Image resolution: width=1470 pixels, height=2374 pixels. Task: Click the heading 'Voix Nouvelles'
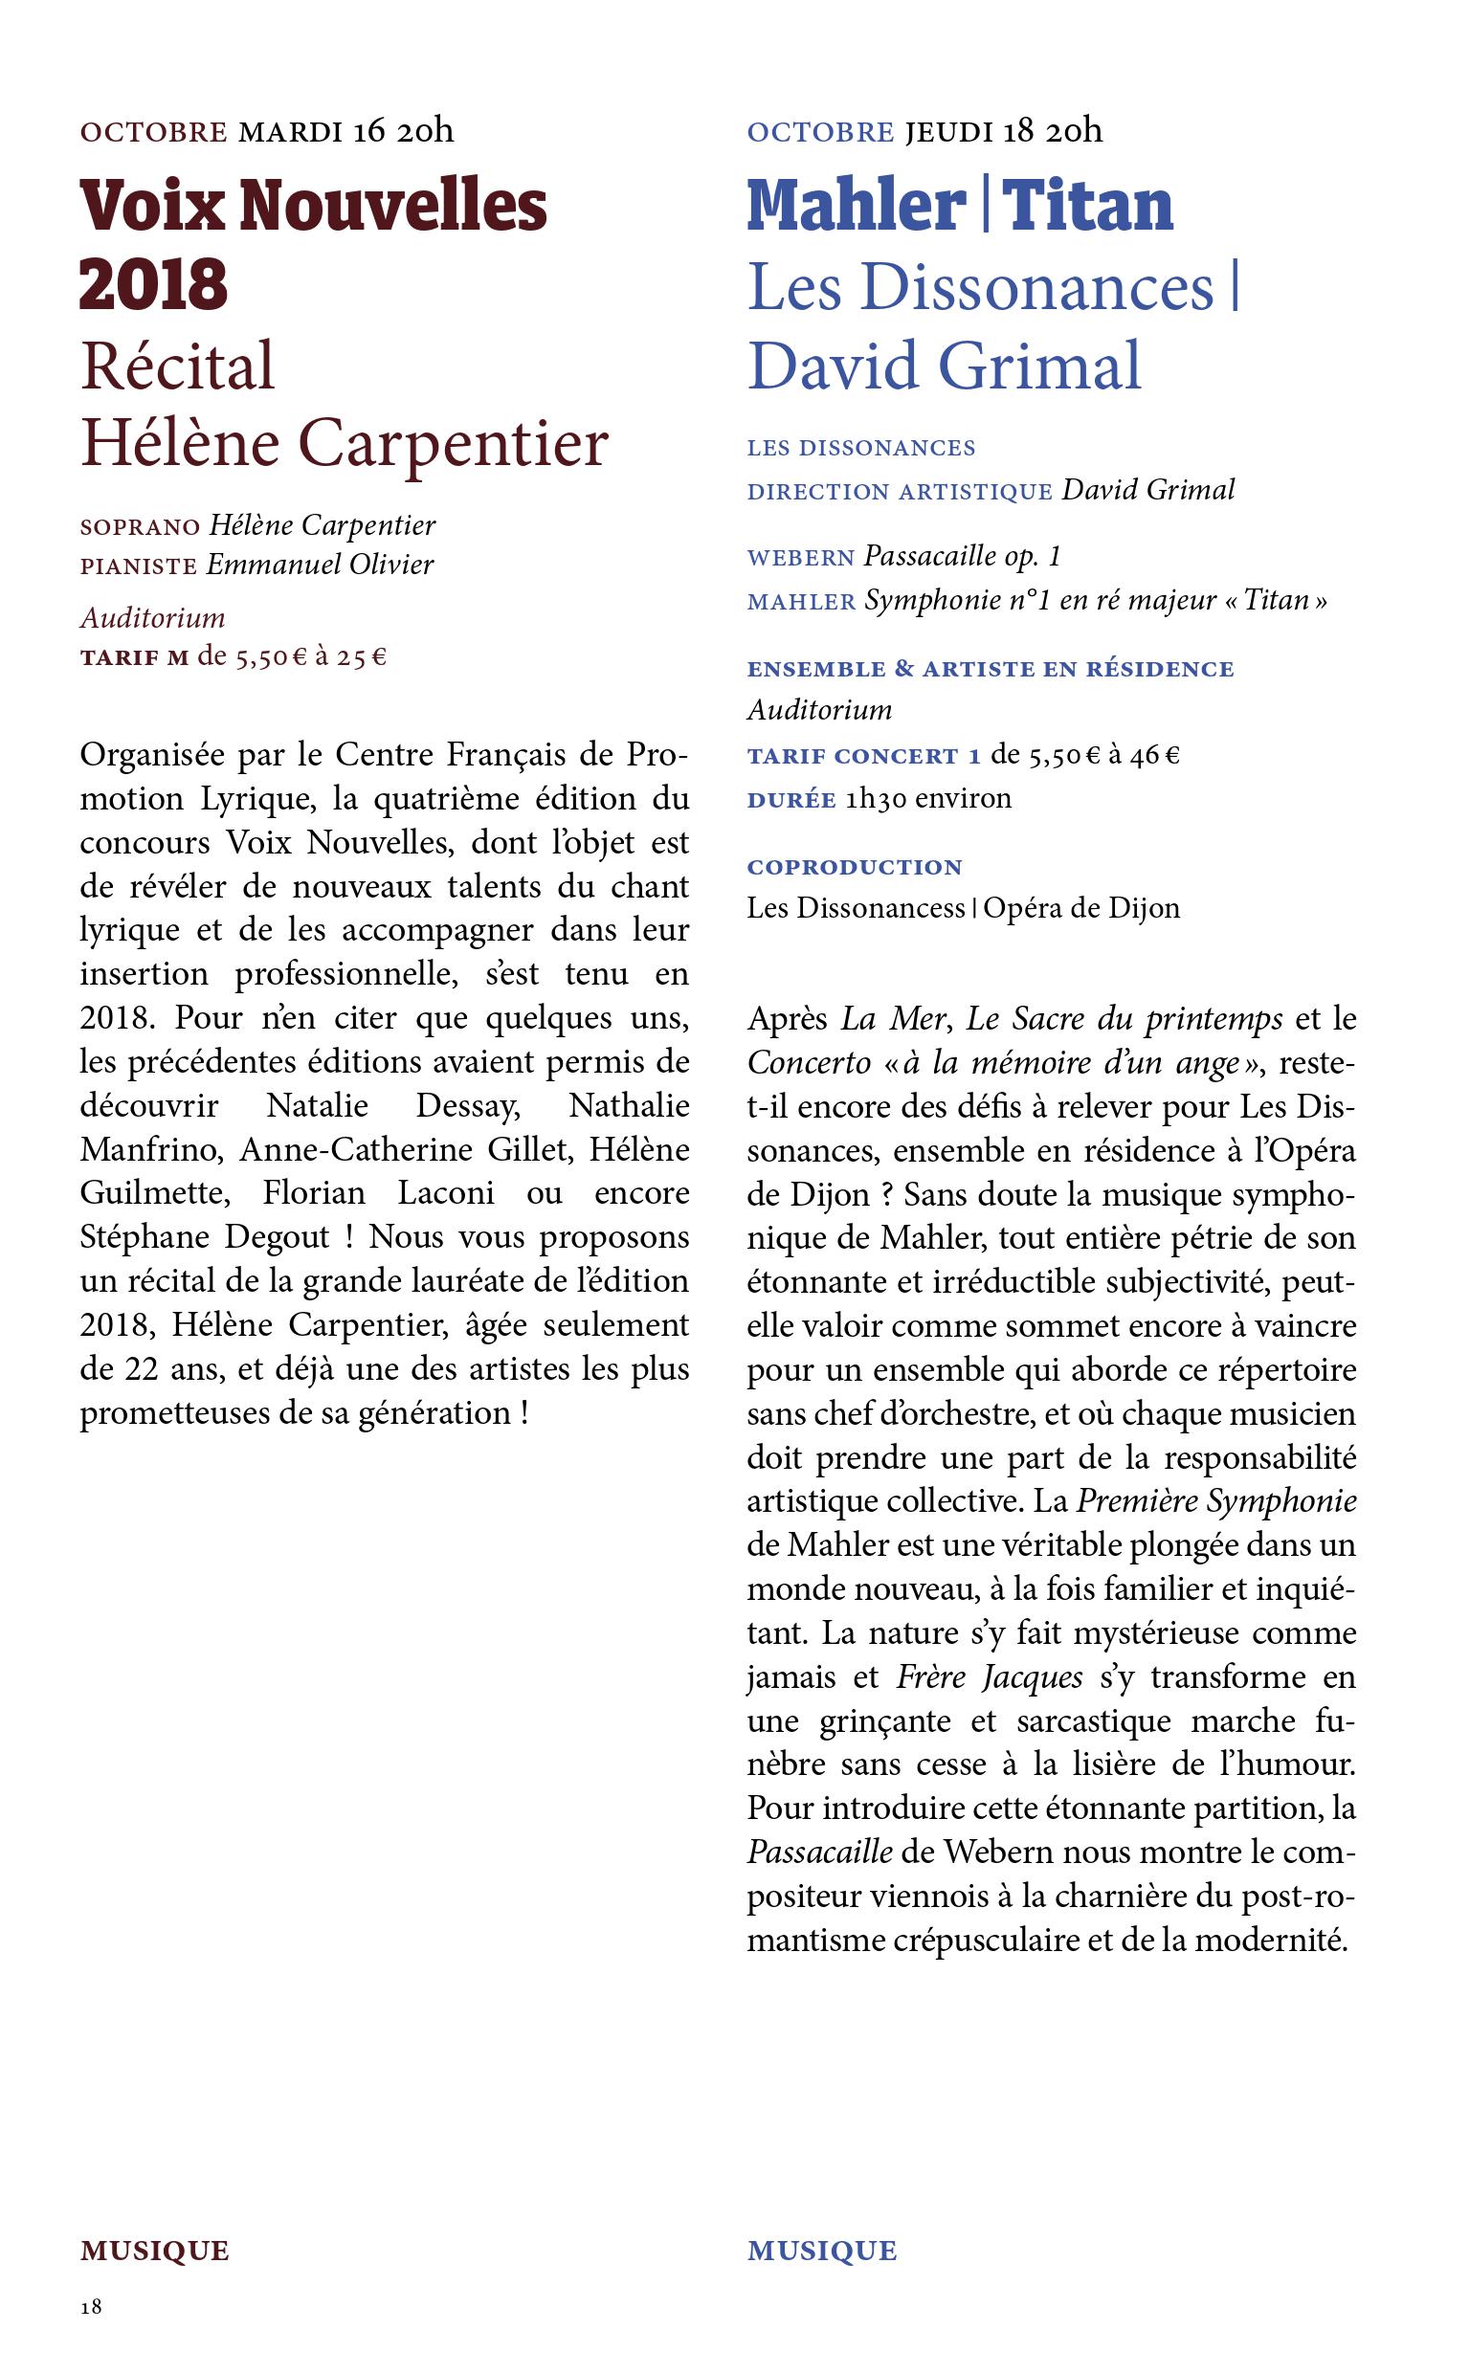(x=313, y=206)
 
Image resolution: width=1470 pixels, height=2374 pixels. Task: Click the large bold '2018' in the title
(x=154, y=285)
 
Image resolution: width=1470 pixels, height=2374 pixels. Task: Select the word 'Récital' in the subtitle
(x=178, y=366)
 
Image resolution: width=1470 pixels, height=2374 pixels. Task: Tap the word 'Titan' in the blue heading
(x=1087, y=206)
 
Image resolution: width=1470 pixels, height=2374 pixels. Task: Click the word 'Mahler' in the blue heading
(x=856, y=206)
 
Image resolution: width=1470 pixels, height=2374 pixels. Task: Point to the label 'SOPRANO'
(x=140, y=527)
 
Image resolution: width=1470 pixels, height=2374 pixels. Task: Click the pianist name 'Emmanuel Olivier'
(x=320, y=565)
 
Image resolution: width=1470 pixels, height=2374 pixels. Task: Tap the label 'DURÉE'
(x=791, y=800)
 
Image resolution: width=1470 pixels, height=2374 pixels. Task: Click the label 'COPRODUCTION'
(x=855, y=867)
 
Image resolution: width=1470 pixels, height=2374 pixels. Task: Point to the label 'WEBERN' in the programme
(x=800, y=559)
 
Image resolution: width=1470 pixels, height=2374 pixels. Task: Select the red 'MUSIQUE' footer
(x=155, y=2251)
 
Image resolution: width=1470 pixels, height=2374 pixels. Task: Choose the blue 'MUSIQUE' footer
(x=821, y=2251)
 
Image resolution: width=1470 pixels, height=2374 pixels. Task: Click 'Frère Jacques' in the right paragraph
(x=989, y=1677)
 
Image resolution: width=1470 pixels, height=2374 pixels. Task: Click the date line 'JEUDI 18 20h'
(x=1004, y=130)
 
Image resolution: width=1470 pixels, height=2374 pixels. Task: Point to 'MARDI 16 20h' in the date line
(x=346, y=130)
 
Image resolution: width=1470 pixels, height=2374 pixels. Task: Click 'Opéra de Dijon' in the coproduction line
(x=1081, y=908)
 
